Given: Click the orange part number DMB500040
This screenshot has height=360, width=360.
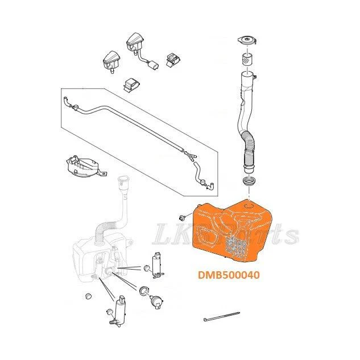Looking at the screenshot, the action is (x=229, y=275).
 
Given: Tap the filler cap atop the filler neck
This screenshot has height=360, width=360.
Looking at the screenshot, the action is (x=247, y=40).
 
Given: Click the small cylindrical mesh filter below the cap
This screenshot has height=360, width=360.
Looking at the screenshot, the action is (x=247, y=59).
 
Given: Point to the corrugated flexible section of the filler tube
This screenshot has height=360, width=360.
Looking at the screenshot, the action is (x=249, y=149).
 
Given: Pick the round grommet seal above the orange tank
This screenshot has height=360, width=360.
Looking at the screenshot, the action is (x=249, y=181).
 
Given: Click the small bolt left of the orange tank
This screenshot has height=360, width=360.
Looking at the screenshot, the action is (x=182, y=217).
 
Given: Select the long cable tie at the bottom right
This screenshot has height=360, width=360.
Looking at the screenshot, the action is (x=222, y=316).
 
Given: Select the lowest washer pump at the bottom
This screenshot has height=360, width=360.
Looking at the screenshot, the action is (x=119, y=311).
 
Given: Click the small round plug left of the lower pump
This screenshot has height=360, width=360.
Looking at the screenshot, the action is (x=88, y=296).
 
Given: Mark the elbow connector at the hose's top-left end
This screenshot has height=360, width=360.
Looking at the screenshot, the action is (x=67, y=101).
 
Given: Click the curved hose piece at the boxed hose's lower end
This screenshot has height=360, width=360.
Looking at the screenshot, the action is (x=199, y=174).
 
